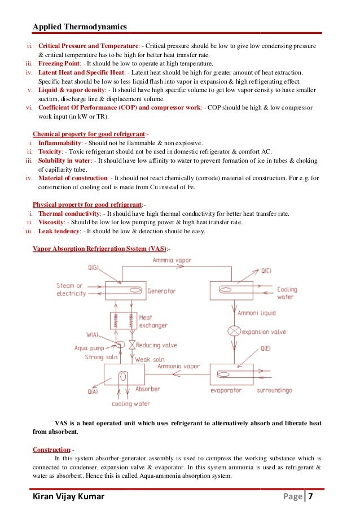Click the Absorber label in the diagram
147,389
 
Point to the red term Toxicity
50,152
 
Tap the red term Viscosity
51,223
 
